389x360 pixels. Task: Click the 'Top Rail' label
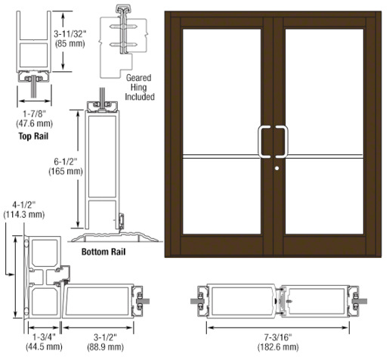coord(33,136)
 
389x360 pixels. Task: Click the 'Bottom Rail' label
coord(103,252)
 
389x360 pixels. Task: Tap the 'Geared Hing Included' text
coord(140,87)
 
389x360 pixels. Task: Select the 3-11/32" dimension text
coord(70,34)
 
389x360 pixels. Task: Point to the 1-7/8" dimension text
coord(35,114)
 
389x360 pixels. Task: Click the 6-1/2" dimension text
coord(66,162)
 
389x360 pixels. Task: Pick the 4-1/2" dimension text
coord(24,205)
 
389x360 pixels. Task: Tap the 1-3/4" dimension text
coord(44,337)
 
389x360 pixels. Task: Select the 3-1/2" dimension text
coord(105,337)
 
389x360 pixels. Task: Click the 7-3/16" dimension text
coord(278,337)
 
